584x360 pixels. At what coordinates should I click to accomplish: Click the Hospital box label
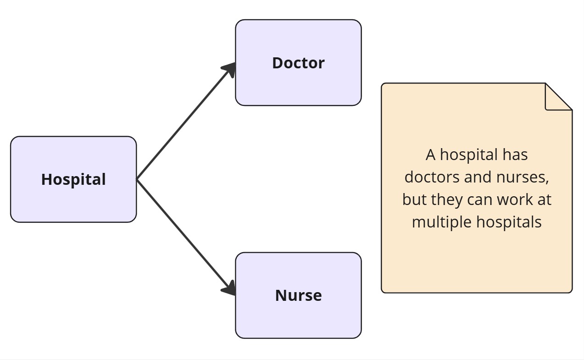pyautogui.click(x=73, y=180)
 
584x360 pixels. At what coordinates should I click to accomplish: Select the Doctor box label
pyautogui.click(x=299, y=63)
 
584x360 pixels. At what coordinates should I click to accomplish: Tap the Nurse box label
pyautogui.click(x=299, y=295)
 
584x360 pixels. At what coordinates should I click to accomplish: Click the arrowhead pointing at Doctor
pyautogui.click(x=229, y=69)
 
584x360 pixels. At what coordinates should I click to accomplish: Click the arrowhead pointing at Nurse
pyautogui.click(x=229, y=288)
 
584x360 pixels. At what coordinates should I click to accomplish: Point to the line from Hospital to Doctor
pyautogui.click(x=186, y=121)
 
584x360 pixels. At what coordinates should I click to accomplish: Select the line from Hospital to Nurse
pyautogui.click(x=186, y=238)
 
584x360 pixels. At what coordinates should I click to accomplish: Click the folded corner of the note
pyautogui.click(x=559, y=97)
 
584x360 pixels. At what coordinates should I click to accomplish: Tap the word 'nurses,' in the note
pyautogui.click(x=523, y=178)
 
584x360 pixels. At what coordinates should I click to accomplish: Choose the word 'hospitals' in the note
pyautogui.click(x=509, y=222)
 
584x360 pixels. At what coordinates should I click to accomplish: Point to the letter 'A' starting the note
pyautogui.click(x=431, y=155)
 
